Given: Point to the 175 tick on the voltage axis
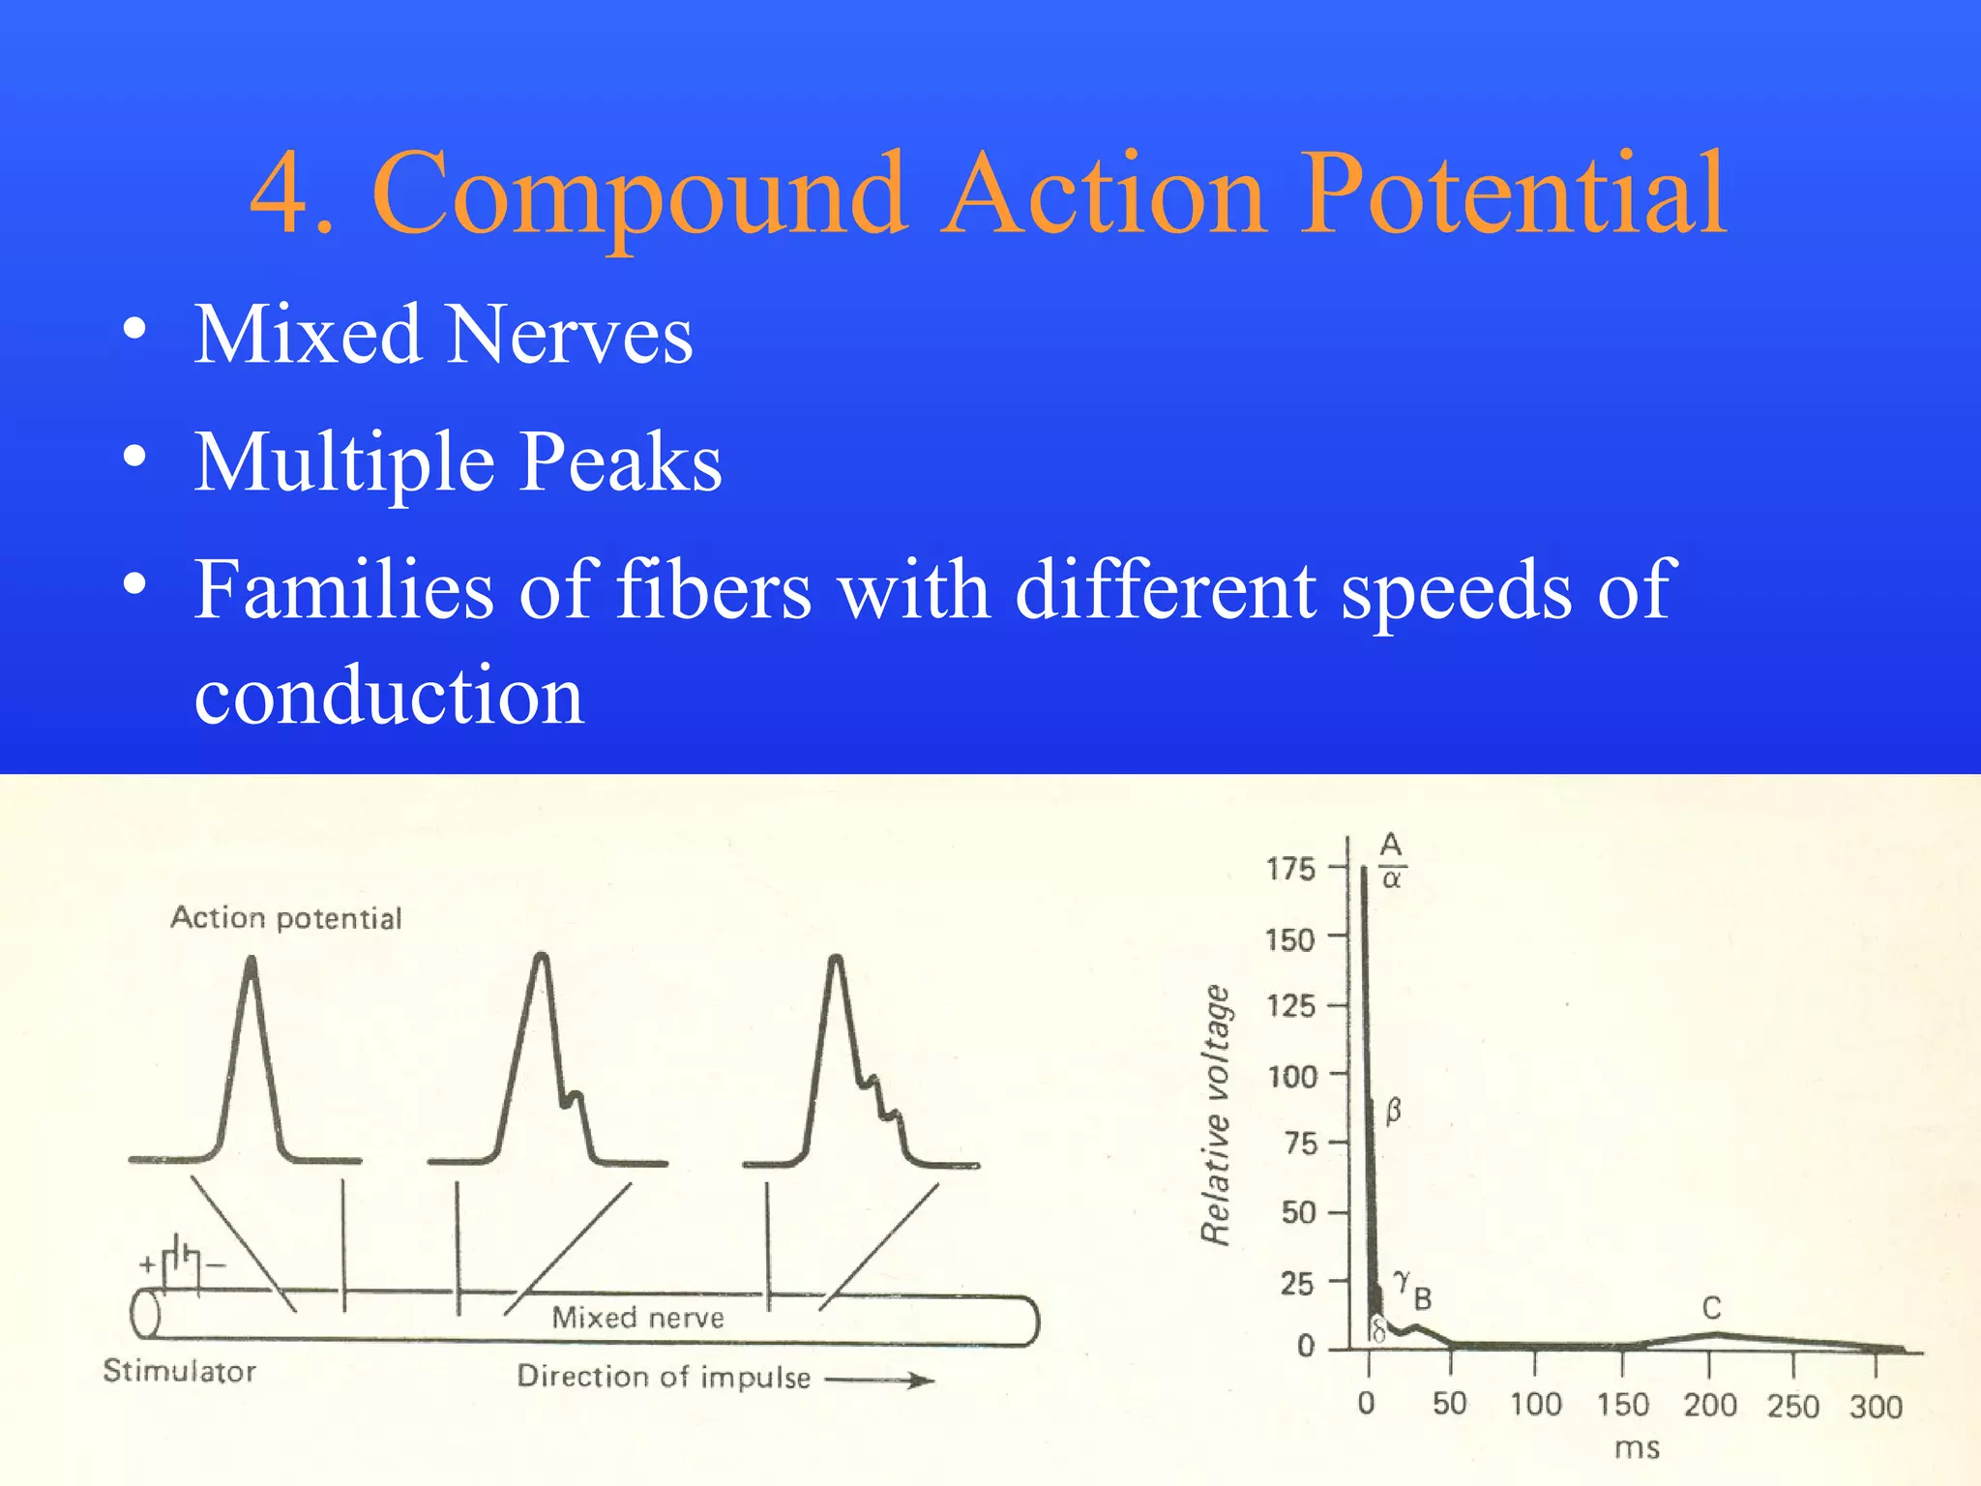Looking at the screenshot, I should [1290, 868].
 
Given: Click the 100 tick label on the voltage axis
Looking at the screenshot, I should [1292, 1076].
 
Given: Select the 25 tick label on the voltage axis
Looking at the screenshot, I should [1297, 1284].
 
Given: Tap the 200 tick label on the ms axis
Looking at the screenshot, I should [1709, 1405].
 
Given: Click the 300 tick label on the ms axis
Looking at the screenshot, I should [1876, 1406].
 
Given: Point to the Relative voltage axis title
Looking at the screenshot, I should [1215, 1114].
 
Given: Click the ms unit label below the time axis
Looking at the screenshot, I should [1637, 1448].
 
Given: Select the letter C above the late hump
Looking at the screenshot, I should [1711, 1308].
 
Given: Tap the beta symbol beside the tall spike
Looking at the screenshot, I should [1393, 1110].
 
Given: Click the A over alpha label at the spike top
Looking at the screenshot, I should [1391, 860].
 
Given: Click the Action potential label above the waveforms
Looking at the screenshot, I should [286, 917].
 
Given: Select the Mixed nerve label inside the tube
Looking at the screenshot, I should [637, 1317].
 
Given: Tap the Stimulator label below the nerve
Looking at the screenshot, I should [180, 1371].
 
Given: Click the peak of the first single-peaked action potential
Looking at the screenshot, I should [251, 960].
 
